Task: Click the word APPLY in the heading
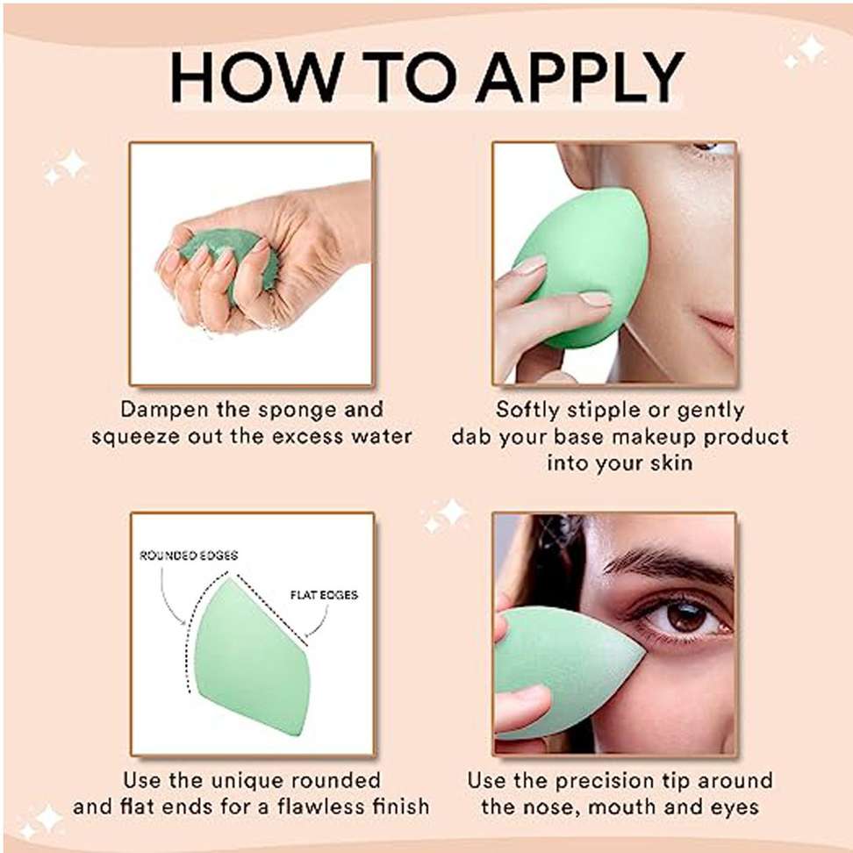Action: pyautogui.click(x=580, y=76)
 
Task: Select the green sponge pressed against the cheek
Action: pyautogui.click(x=582, y=268)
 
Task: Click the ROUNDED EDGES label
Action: pyautogui.click(x=188, y=556)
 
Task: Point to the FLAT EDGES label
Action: pyautogui.click(x=324, y=595)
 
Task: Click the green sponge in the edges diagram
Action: pyautogui.click(x=253, y=657)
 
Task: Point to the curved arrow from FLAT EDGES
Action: pyautogui.click(x=319, y=622)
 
